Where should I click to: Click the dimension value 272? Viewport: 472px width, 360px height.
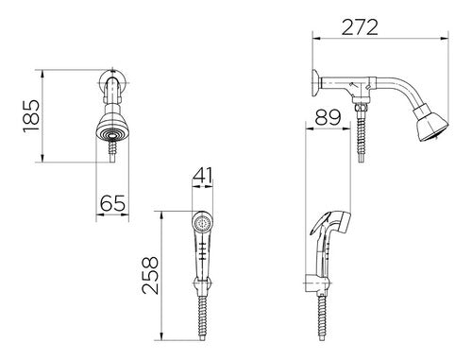[360, 27]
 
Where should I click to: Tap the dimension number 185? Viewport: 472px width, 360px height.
[32, 116]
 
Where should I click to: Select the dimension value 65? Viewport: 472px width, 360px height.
[112, 203]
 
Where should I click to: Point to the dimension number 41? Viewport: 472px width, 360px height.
[203, 176]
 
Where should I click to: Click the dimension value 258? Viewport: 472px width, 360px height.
[150, 276]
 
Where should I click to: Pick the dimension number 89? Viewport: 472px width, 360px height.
[328, 117]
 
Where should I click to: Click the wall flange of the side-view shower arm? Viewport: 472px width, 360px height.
[315, 83]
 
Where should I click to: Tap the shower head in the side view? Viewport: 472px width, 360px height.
[431, 124]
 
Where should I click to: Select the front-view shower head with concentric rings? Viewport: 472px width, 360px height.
[112, 129]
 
